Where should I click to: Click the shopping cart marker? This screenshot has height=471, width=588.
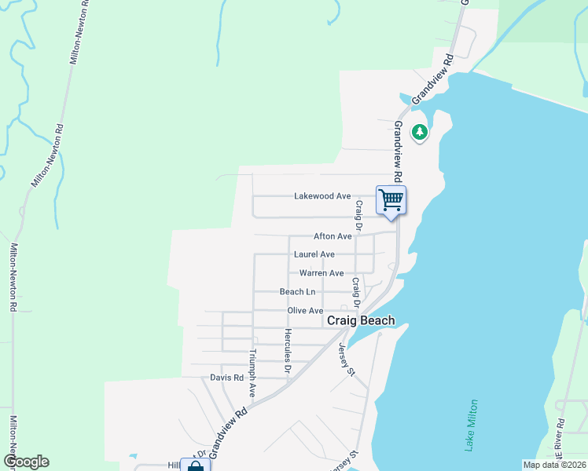point(391,200)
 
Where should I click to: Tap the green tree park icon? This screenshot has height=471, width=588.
point(420,131)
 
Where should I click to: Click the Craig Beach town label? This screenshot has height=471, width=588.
point(361,320)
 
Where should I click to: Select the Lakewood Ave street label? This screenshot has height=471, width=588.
point(322,196)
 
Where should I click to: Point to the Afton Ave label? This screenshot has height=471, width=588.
point(333,235)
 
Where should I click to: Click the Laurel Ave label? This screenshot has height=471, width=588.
point(314,254)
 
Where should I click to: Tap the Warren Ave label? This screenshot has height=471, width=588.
point(322,273)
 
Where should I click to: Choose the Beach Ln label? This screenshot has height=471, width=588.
point(297,292)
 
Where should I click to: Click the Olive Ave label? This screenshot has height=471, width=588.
point(305,311)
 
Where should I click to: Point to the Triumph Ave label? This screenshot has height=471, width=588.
point(253,372)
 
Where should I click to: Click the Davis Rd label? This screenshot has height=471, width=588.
point(227,378)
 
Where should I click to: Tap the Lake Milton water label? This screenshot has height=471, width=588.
point(471,424)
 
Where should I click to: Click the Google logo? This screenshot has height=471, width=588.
point(26,462)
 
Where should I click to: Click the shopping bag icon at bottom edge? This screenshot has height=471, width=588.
point(196,466)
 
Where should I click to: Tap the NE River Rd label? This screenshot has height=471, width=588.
point(560,453)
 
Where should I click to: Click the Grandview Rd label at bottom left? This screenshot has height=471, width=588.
point(229,433)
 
